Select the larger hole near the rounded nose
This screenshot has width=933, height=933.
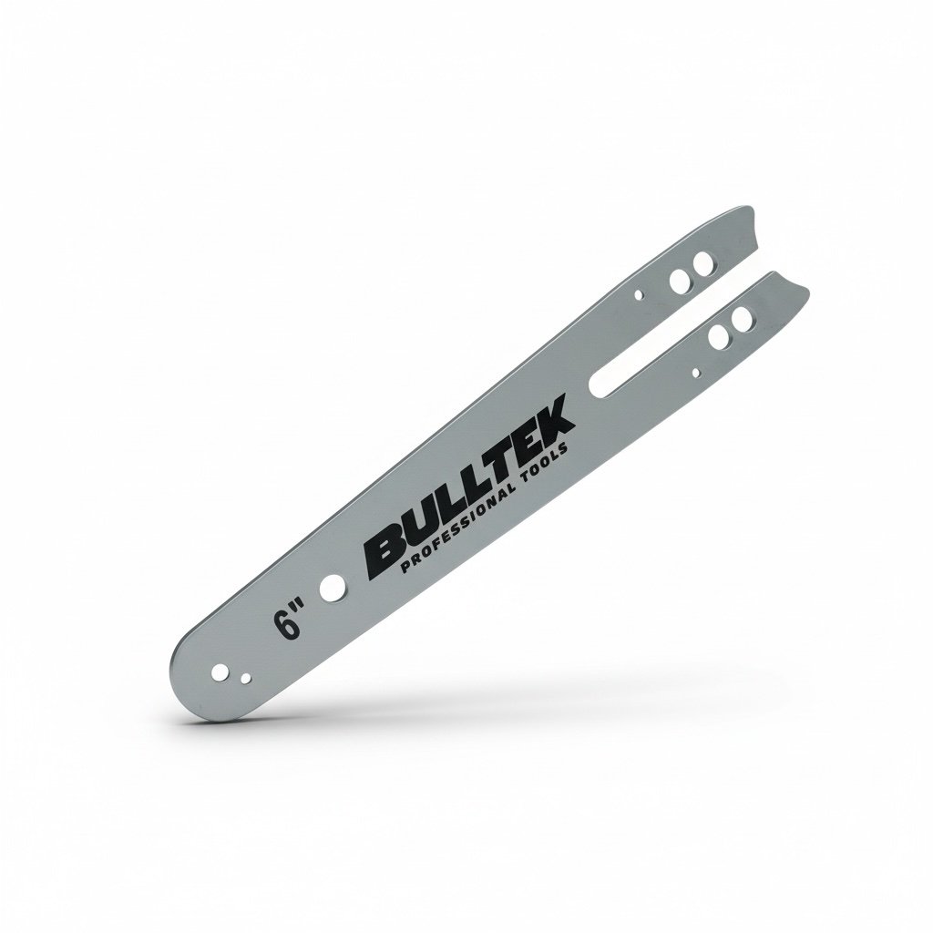[220, 670]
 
